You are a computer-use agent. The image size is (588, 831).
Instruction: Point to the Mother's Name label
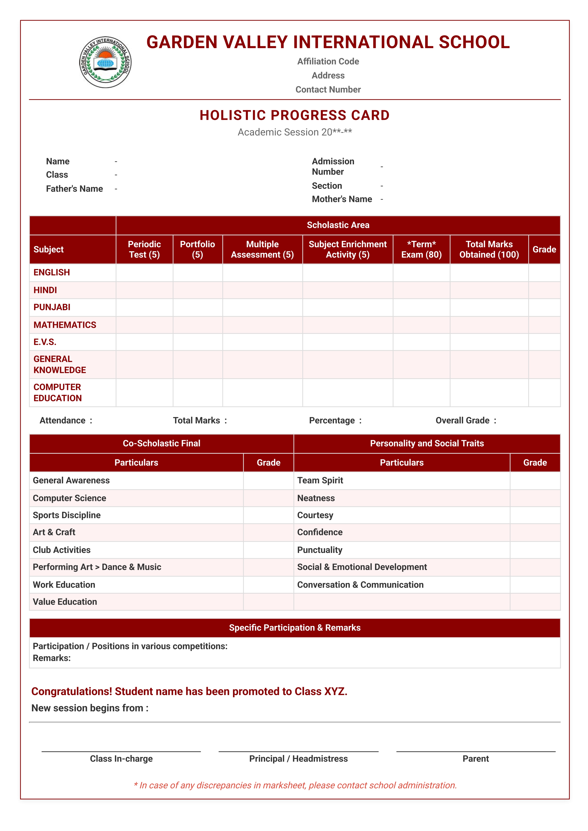coord(342,199)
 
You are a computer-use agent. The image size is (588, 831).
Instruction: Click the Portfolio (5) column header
coord(197,249)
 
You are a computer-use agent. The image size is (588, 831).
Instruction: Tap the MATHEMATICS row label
coord(65,325)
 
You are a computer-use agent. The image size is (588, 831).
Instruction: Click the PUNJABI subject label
coord(52,307)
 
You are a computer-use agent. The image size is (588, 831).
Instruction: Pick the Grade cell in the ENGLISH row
coord(544,273)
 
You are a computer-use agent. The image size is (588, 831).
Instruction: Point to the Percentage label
coord(332,421)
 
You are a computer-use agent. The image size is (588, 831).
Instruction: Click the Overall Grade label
coord(462,421)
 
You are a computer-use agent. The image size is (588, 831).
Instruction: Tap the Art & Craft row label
coord(54,532)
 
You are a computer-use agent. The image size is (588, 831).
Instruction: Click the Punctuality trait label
coord(319,550)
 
